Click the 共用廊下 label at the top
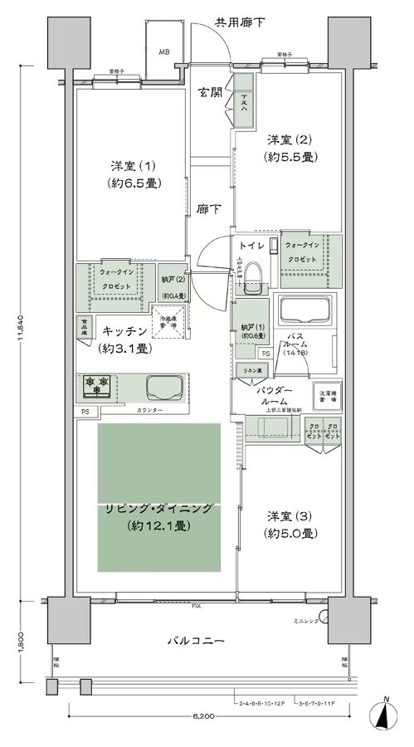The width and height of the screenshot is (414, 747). [x=240, y=22]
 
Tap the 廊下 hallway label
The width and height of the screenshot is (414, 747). [x=209, y=211]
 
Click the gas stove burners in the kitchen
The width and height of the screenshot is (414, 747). [x=96, y=385]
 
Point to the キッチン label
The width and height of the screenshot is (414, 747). [x=125, y=330]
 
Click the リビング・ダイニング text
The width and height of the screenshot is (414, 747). [x=159, y=509]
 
